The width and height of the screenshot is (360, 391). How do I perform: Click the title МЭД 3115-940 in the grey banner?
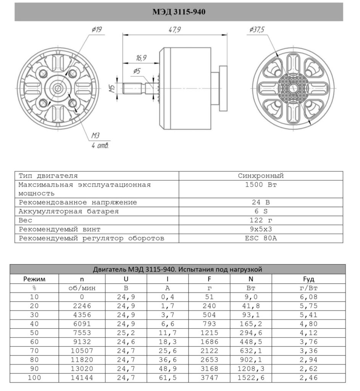coord(179,12)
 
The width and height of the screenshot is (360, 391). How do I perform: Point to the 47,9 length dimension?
coord(174,30)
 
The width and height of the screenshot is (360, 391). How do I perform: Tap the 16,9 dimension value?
coord(141,58)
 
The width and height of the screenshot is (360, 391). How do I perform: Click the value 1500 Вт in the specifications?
coord(261,185)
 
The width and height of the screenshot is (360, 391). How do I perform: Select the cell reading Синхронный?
coord(261,176)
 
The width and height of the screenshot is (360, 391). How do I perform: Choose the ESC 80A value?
coord(261,238)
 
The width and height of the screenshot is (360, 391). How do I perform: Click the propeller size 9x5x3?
coord(261,229)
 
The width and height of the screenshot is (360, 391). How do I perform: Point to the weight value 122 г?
coord(261,220)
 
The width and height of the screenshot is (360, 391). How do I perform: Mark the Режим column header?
coord(34,279)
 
